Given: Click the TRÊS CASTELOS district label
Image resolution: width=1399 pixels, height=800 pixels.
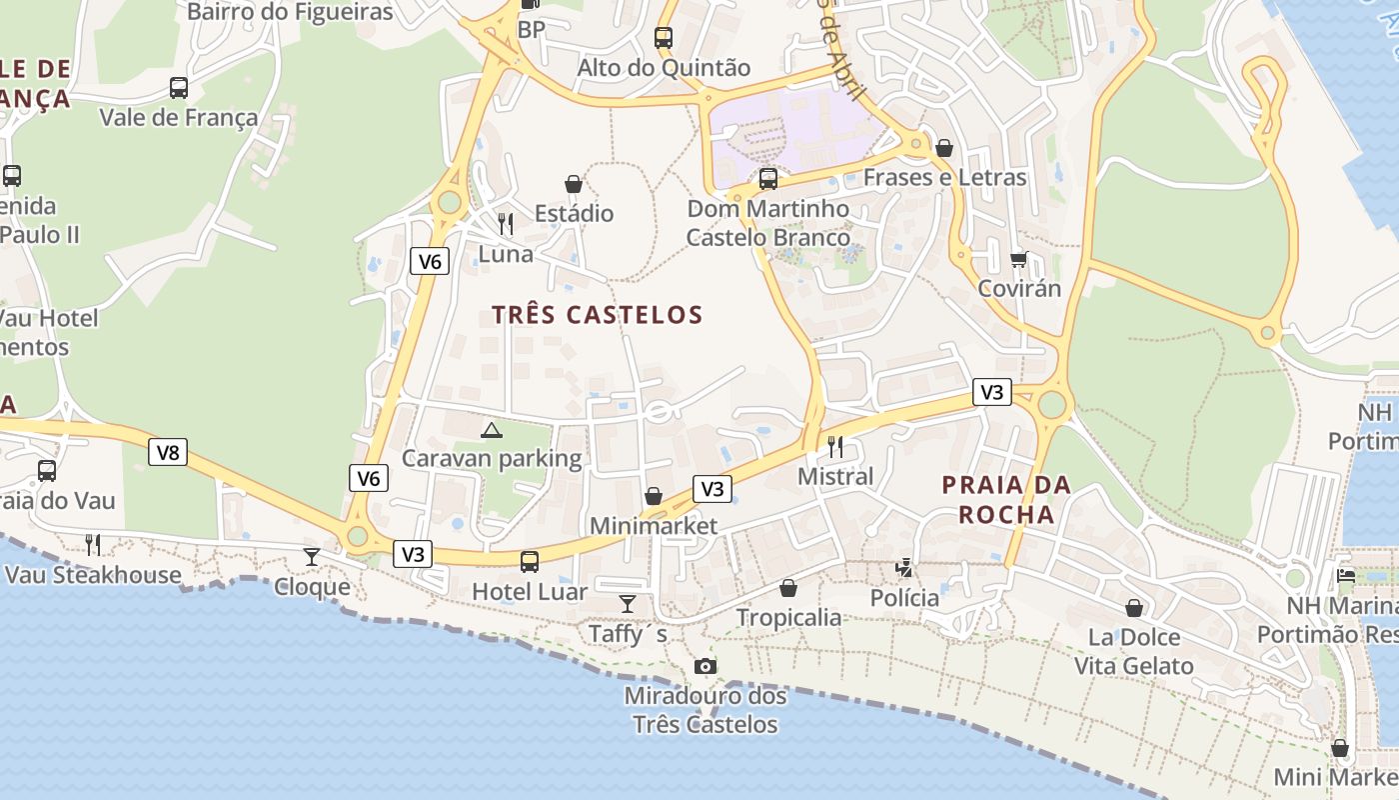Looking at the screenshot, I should [x=598, y=315].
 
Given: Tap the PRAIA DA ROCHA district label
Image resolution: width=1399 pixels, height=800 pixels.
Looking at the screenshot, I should [x=1006, y=500].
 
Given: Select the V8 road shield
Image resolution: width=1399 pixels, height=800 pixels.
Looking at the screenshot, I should [x=168, y=452].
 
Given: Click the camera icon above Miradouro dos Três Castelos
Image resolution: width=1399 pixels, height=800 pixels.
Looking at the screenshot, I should [x=704, y=666].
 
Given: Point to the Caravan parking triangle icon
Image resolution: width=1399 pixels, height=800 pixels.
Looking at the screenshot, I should [x=491, y=430].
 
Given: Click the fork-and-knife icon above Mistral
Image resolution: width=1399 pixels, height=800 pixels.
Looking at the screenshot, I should [x=835, y=446].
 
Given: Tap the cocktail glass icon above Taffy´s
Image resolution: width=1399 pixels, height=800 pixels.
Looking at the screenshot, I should [x=627, y=603].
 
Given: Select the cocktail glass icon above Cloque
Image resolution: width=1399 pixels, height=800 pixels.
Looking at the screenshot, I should [x=312, y=556].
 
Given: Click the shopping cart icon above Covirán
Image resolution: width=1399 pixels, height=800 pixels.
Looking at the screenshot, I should [x=1018, y=259].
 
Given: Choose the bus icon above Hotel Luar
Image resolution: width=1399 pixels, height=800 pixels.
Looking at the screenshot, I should [x=530, y=561].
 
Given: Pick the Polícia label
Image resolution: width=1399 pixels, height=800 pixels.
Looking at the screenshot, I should [x=904, y=598].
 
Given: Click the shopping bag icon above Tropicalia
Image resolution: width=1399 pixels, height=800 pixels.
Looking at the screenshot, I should [x=788, y=588].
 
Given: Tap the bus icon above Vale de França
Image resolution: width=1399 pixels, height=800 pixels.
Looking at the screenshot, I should [x=179, y=88].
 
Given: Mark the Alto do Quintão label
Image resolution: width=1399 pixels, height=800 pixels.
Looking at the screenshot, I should [x=664, y=68].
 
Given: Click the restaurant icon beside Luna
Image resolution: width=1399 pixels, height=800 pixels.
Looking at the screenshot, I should [x=506, y=223].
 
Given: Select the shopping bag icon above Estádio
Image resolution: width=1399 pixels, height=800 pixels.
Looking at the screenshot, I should [x=574, y=184].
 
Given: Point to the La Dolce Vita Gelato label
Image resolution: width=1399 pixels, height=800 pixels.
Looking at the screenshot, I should [x=1133, y=651].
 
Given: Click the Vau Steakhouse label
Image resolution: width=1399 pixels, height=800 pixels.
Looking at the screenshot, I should [x=93, y=575].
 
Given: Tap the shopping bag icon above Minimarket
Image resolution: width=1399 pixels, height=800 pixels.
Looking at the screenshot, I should [x=653, y=496].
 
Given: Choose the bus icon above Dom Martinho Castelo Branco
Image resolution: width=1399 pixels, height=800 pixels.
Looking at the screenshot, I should [x=767, y=179].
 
